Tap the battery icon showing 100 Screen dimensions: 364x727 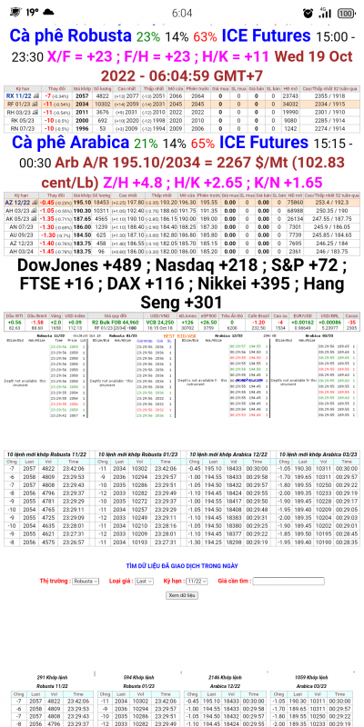click(x=346, y=13)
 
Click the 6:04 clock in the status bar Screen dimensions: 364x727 click(x=182, y=13)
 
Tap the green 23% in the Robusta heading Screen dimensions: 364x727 click(x=147, y=37)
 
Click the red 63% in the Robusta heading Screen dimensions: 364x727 click(x=205, y=37)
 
